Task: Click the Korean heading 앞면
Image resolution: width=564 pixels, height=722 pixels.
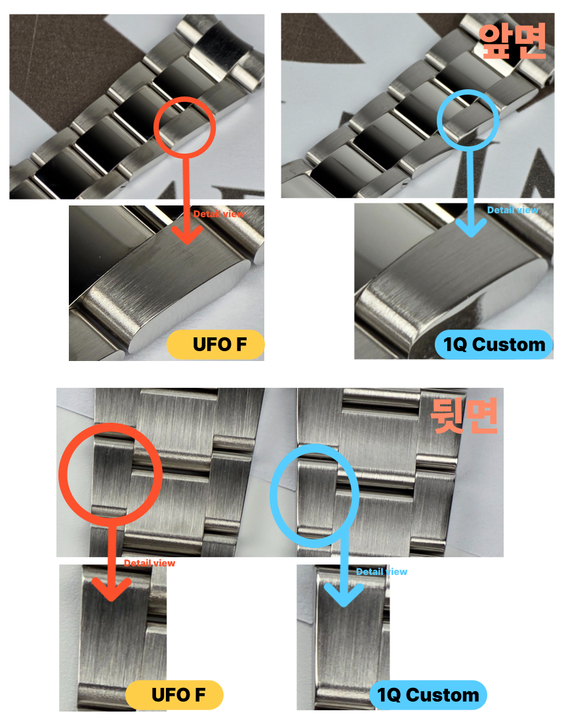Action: [x=512, y=41]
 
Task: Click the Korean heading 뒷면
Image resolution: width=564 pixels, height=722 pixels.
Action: [x=464, y=415]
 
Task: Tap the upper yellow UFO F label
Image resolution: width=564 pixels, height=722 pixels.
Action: [x=215, y=345]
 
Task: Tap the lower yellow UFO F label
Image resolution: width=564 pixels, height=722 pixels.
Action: [x=174, y=695]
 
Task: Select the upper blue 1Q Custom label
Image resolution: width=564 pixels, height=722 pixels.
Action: [x=494, y=345]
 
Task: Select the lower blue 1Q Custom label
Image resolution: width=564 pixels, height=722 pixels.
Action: [x=428, y=695]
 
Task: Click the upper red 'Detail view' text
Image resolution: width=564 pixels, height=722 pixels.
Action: [x=219, y=214]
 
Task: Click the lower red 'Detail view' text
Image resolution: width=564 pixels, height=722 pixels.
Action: [x=150, y=563]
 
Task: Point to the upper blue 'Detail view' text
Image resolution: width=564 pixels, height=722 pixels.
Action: [x=512, y=210]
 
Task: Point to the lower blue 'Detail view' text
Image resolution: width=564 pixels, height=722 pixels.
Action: [x=382, y=572]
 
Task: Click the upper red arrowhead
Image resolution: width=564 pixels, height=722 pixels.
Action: [x=186, y=234]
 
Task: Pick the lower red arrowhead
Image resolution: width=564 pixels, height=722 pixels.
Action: [x=111, y=590]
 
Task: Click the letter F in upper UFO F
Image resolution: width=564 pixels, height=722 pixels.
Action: [x=241, y=345]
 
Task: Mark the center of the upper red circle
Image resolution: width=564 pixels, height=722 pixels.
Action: [x=184, y=127]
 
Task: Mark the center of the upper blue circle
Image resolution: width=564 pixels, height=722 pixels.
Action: [x=468, y=119]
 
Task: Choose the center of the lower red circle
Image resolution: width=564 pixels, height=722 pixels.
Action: [x=110, y=475]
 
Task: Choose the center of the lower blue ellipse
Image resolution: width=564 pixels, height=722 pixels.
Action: [x=314, y=496]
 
